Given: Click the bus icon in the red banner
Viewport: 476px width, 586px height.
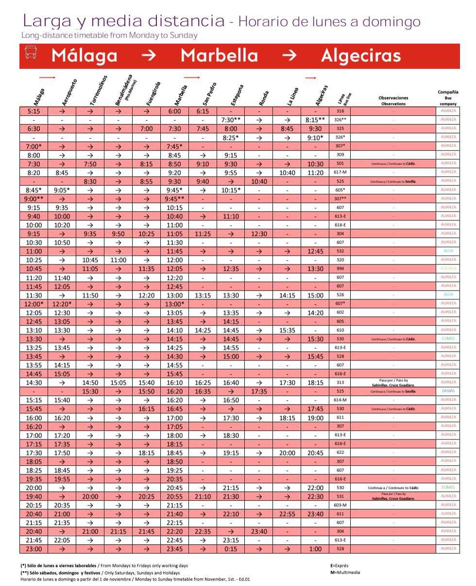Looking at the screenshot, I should pyautogui.click(x=31, y=53).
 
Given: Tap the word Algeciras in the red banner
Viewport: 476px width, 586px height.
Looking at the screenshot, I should pyautogui.click(x=361, y=56).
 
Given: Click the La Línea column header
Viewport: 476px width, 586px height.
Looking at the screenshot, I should pyautogui.click(x=293, y=96).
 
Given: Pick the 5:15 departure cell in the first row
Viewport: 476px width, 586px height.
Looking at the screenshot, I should pyautogui.click(x=34, y=111).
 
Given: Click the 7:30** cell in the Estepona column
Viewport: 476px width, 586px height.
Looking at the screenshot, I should pyautogui.click(x=231, y=120).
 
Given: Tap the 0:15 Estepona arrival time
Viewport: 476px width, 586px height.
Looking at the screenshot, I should pyautogui.click(x=231, y=549).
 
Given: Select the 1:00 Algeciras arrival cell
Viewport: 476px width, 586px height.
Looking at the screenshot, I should pyautogui.click(x=315, y=549).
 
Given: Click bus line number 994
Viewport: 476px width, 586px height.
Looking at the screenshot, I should pyautogui.click(x=340, y=268).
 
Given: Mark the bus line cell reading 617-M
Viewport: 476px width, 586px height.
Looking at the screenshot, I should pyautogui.click(x=340, y=172).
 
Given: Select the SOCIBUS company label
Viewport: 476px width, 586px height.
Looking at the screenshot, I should pyautogui.click(x=448, y=268).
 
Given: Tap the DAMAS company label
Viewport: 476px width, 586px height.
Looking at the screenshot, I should pyautogui.click(x=448, y=391).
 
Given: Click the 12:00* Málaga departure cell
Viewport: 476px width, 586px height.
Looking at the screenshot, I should pyautogui.click(x=34, y=304).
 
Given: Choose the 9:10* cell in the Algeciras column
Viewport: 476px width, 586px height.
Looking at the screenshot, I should pyautogui.click(x=315, y=138).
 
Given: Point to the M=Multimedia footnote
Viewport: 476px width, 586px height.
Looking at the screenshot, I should pyautogui.click(x=345, y=572).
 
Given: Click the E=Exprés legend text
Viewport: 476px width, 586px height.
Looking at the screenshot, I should pyautogui.click(x=340, y=566).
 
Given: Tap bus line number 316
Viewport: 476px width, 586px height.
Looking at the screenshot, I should pyautogui.click(x=340, y=111).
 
